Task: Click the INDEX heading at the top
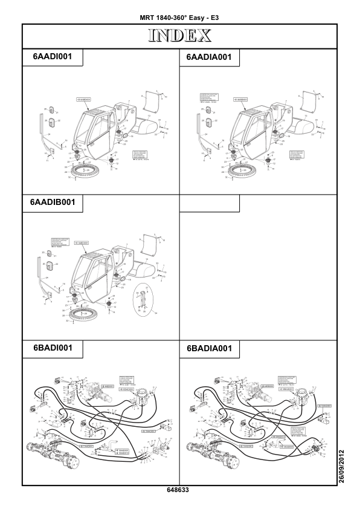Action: tap(179, 36)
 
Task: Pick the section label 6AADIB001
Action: tap(52, 203)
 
